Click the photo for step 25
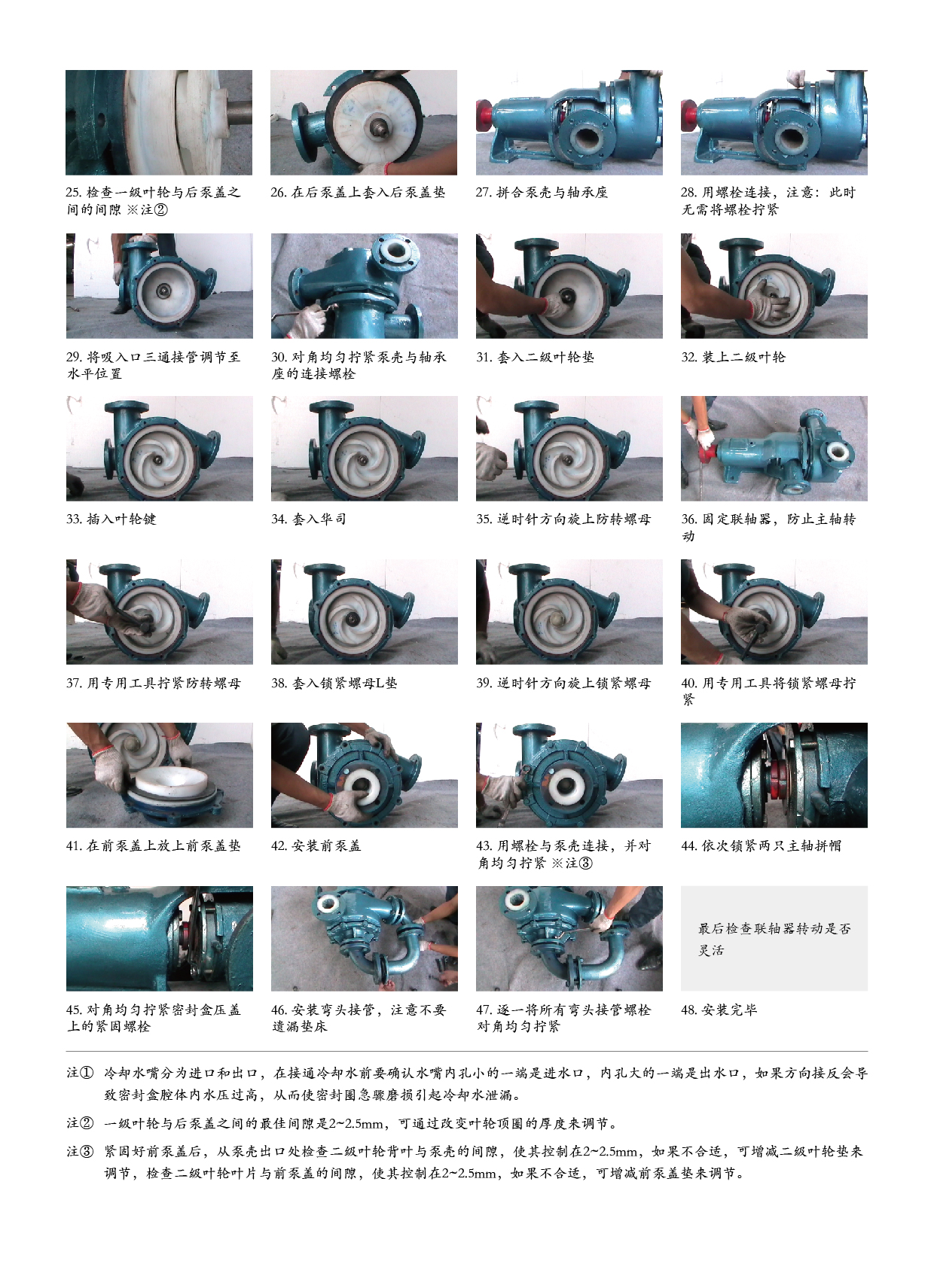[159, 122]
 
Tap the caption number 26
[279, 192]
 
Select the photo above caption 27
[569, 122]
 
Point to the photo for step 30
[364, 285]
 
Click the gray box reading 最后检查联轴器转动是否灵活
[774, 938]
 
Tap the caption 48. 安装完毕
[719, 1010]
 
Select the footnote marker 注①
[80, 1073]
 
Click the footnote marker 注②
[80, 1122]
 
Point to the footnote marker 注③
[80, 1151]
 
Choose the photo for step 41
[160, 775]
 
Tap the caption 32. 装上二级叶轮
[733, 357]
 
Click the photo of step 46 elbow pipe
[364, 938]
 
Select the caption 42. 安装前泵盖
[316, 845]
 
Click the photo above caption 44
[774, 775]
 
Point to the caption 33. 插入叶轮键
[111, 519]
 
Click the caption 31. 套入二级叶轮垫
[535, 357]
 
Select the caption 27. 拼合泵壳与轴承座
[542, 192]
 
